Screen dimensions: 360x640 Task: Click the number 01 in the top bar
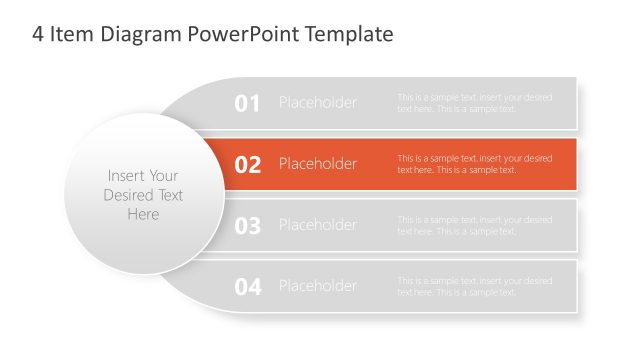(247, 103)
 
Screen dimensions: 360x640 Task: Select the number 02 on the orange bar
(247, 164)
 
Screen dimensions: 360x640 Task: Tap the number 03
(247, 226)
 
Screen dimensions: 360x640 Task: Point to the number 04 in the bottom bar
(247, 287)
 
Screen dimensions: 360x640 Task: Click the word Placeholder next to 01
(317, 103)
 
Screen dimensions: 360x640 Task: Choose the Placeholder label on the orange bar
(317, 164)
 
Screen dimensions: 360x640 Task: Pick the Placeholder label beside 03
(317, 225)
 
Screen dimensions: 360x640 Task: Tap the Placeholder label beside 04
(317, 286)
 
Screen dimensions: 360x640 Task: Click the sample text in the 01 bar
(474, 103)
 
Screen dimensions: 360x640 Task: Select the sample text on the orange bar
(474, 164)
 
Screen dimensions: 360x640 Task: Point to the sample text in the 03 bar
(474, 225)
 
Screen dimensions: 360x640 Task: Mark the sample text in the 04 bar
(474, 286)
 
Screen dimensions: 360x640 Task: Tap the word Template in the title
(350, 35)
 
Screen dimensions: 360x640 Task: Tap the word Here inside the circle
(143, 214)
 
